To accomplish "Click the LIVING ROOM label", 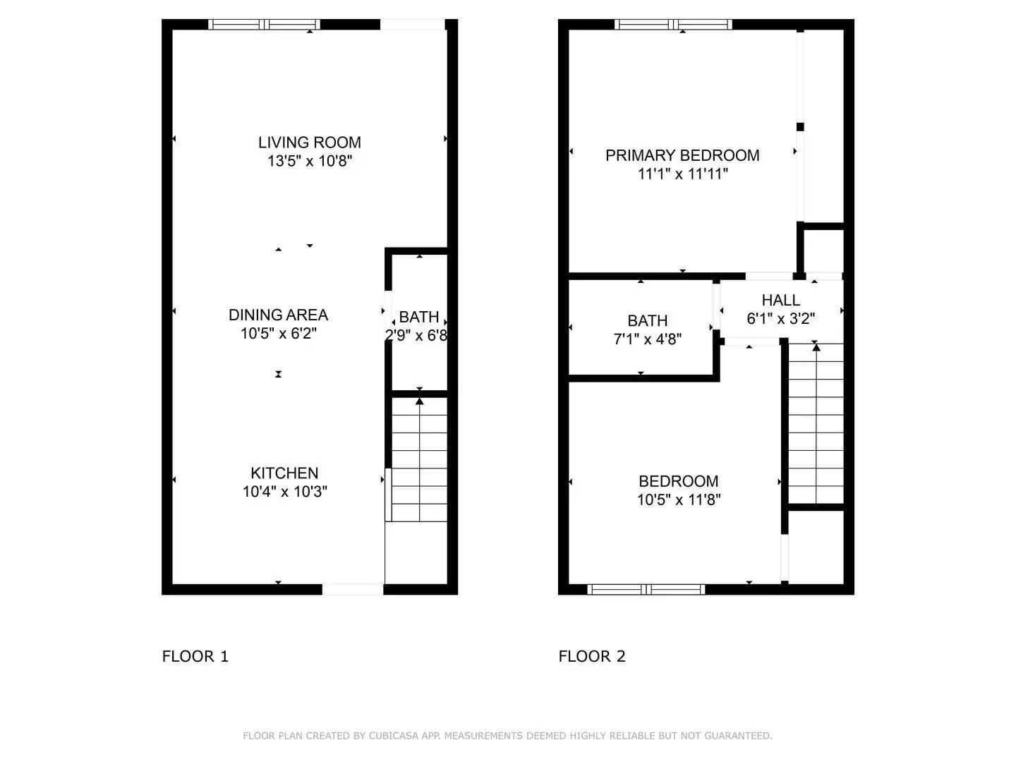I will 309,143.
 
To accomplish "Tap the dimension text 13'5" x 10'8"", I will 309,161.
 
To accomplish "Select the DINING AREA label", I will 278,315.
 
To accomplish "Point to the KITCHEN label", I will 284,473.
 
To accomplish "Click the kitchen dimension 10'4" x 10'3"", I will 284,492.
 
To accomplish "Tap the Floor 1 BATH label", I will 419,317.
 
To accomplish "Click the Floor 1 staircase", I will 419,459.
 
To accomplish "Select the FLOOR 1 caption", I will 195,656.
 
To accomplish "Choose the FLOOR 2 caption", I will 592,656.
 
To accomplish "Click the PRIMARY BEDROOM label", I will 682,155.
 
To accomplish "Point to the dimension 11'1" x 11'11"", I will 682,174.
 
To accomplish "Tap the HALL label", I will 780,301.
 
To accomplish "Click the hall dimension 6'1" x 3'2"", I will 780,319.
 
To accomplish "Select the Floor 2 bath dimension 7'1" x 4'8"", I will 647,339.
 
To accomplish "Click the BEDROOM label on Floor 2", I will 678,481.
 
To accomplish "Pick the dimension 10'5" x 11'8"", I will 678,500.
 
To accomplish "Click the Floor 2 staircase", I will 816,423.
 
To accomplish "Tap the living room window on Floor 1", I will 265,25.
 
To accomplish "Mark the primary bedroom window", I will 673,25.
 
